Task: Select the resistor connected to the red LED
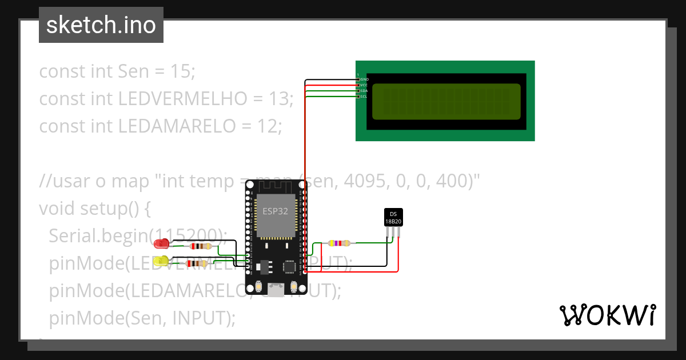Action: pyautogui.click(x=200, y=247)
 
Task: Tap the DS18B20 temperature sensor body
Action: pyautogui.click(x=393, y=217)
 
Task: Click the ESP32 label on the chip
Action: pyautogui.click(x=276, y=211)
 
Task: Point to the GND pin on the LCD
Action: pyautogui.click(x=358, y=79)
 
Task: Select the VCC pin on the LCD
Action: pyautogui.click(x=358, y=85)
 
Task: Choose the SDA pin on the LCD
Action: pyautogui.click(x=358, y=91)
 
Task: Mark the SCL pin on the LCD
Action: pyautogui.click(x=358, y=97)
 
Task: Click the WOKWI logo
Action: pyautogui.click(x=607, y=315)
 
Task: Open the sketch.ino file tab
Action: pyautogui.click(x=101, y=25)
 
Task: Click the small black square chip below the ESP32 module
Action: pyautogui.click(x=290, y=266)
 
